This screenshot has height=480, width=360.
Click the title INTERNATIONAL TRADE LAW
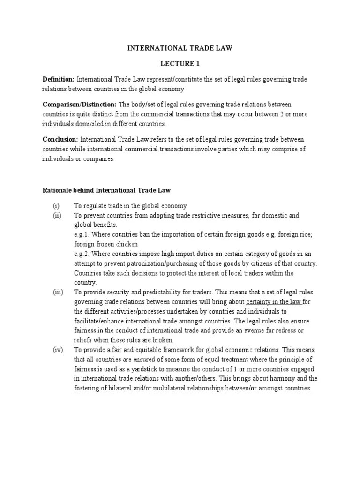[180, 47]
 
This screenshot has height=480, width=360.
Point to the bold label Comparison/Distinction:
[80, 104]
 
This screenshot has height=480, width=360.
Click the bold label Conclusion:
[60, 139]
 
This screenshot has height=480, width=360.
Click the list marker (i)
[56, 206]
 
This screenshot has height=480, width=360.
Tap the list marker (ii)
[57, 215]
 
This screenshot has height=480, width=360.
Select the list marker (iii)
[58, 292]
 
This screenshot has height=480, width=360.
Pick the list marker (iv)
[57, 350]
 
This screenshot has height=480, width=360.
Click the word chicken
[127, 244]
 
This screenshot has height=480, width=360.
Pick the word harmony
[286, 379]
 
